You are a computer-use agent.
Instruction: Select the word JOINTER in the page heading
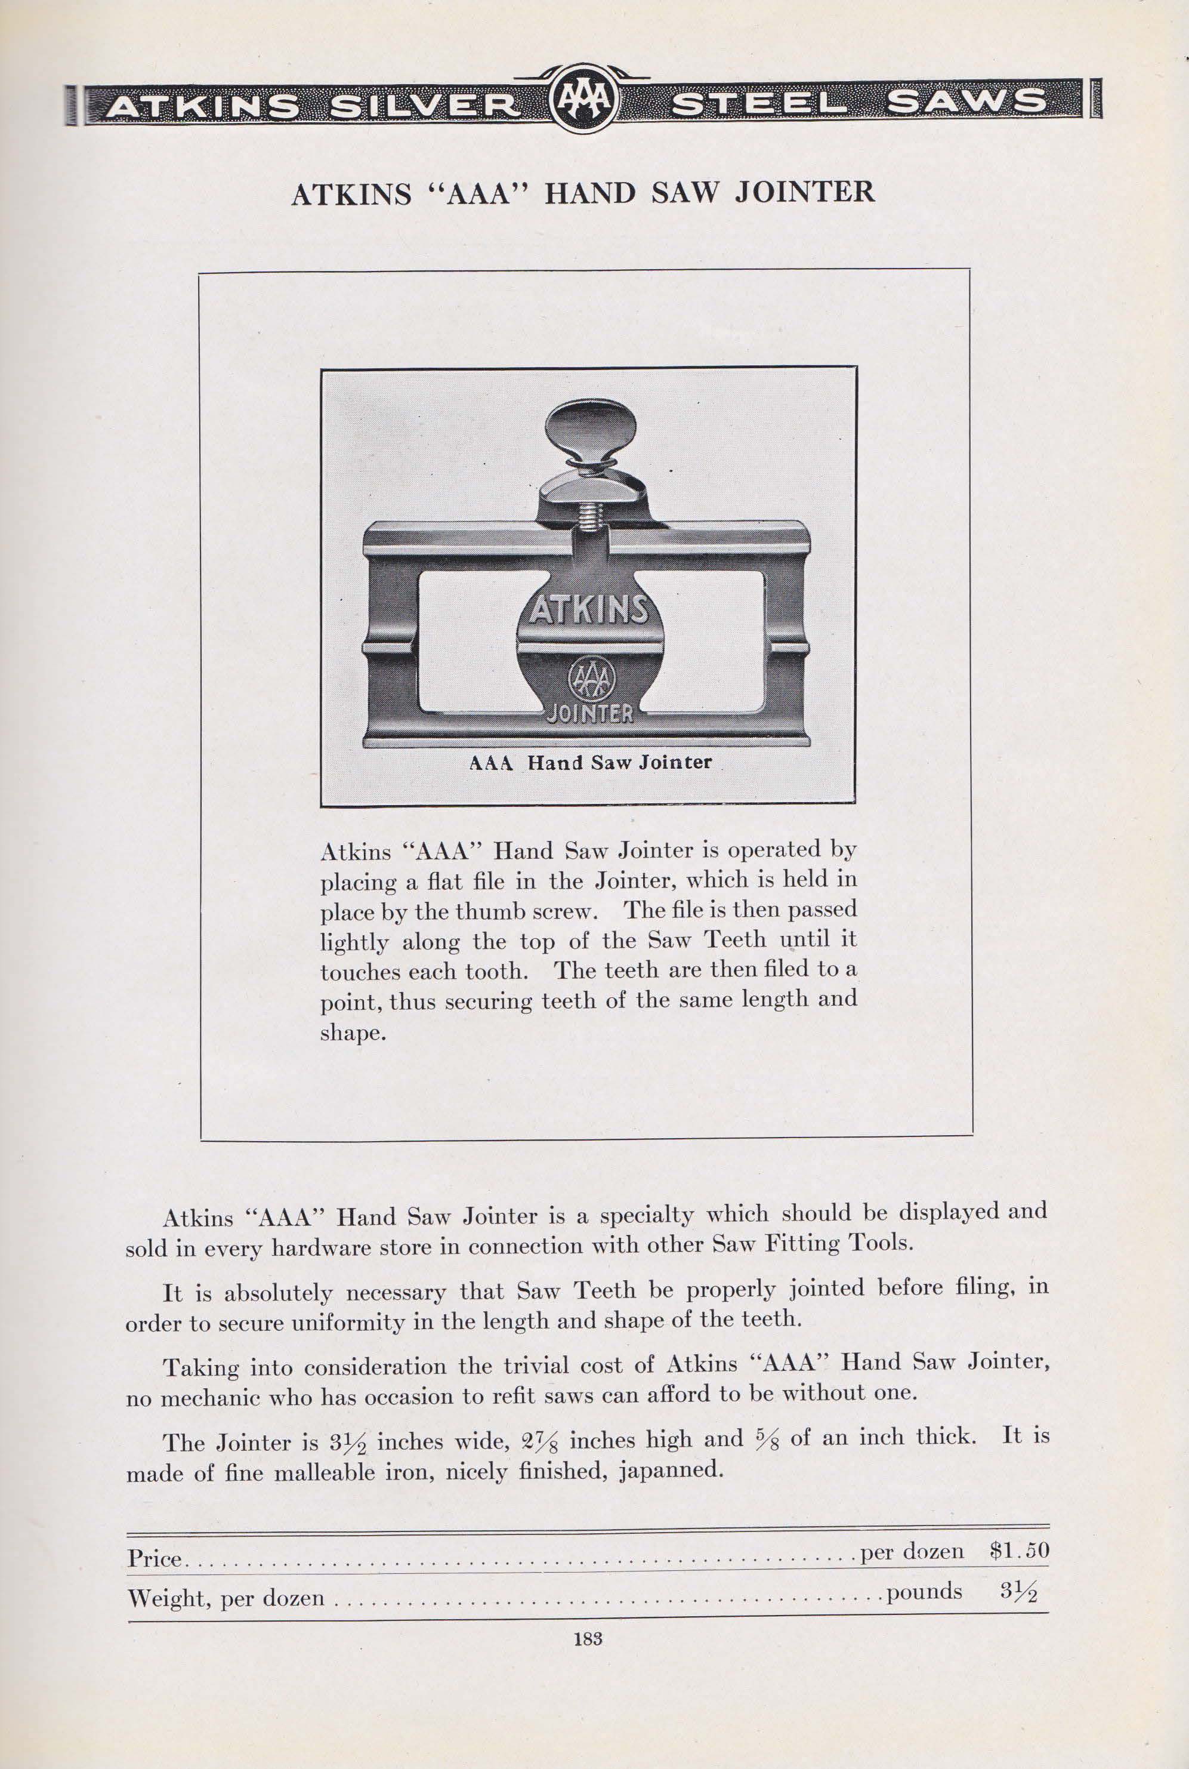(805, 193)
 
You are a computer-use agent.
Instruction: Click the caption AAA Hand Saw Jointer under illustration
(591, 762)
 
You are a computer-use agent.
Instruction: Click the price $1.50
(1019, 1551)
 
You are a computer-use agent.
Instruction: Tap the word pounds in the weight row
(924, 1591)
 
